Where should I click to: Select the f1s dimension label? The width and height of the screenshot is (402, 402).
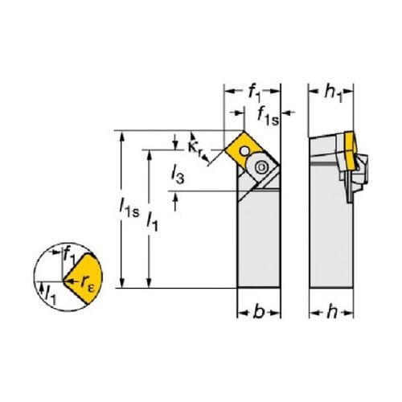[268, 117]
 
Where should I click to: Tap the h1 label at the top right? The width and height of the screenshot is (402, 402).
[334, 94]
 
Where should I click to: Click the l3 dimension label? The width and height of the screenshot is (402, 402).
[178, 174]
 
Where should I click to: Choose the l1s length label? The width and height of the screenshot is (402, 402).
[129, 207]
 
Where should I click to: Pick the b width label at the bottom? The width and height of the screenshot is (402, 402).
[259, 312]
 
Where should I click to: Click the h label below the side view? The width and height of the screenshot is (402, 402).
[332, 312]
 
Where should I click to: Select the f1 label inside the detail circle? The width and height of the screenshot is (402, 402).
[70, 255]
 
